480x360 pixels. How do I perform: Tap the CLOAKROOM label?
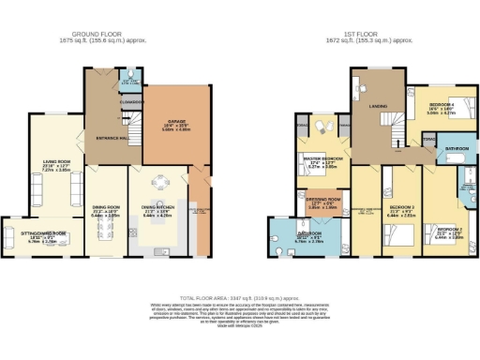(x=129, y=100)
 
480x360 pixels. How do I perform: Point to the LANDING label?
(x=379, y=106)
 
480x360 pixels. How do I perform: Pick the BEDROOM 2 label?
(x=449, y=228)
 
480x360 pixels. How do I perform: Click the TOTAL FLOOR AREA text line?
(x=239, y=295)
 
